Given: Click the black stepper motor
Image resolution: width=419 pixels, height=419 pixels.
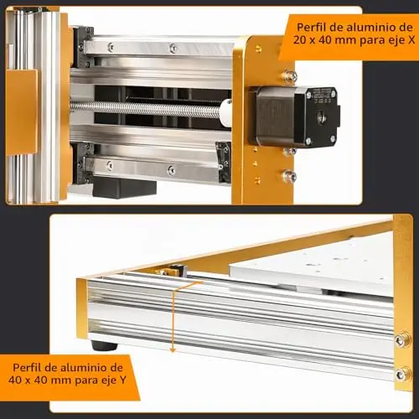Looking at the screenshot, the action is pos(295,116).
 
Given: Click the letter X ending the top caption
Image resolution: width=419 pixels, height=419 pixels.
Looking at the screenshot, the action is pos(411,40).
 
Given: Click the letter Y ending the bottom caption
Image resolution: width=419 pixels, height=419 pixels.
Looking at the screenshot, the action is pos(123,380).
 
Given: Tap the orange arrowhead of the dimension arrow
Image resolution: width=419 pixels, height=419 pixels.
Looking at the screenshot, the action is pos(173,349).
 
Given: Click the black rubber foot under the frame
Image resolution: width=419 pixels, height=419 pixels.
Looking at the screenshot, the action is pos(104,345).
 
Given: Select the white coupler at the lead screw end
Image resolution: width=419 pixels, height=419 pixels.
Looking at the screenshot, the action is pos(225,111).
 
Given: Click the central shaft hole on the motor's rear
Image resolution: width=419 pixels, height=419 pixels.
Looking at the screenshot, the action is pos(320,116).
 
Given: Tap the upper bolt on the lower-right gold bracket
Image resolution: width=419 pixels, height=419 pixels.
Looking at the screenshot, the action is pos(403,339).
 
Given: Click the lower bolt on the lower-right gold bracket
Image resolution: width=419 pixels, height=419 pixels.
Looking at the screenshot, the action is pos(403,375).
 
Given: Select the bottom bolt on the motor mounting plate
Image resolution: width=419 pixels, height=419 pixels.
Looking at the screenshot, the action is pos(288,176).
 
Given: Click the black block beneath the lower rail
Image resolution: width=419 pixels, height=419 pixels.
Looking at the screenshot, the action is pos(124,187).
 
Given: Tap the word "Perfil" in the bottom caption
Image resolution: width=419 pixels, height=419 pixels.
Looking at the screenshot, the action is pos(27,368).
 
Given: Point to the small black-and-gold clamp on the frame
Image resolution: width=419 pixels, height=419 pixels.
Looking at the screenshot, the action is pos(172,270).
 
